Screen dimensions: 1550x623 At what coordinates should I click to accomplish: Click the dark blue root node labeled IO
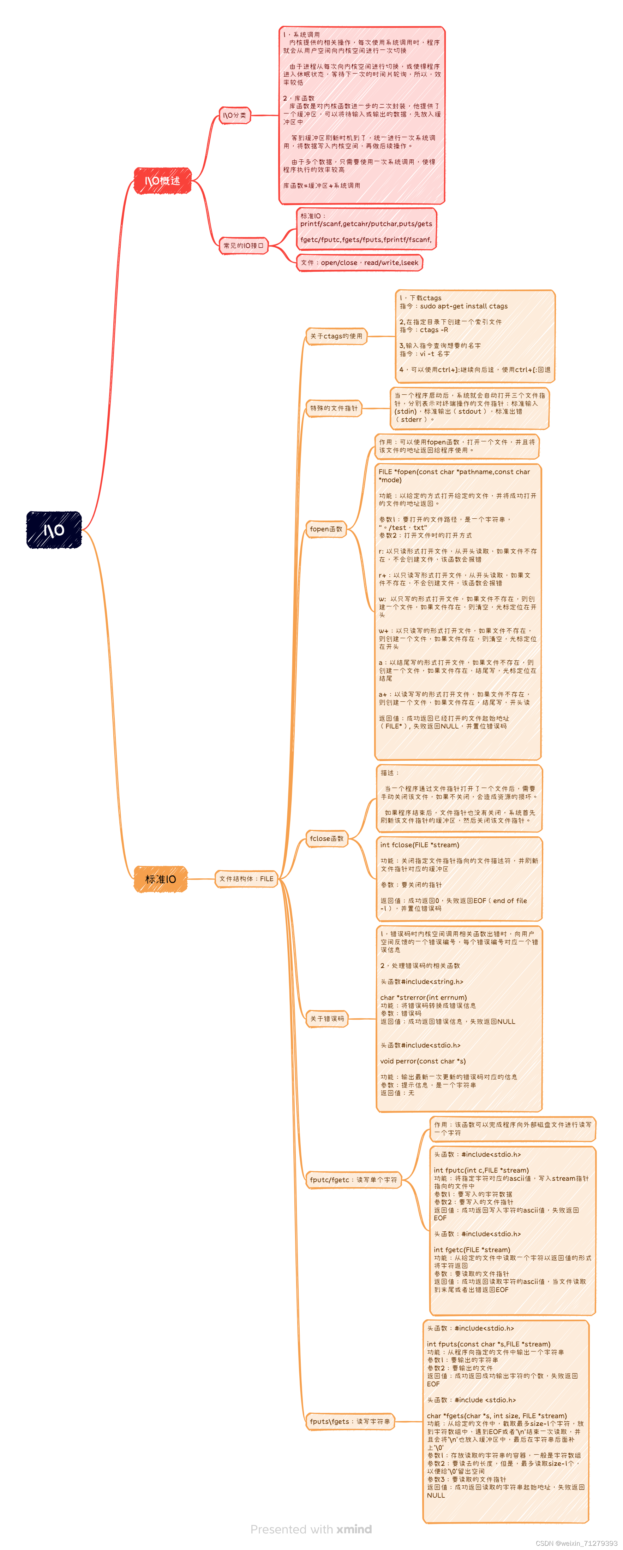coord(54,530)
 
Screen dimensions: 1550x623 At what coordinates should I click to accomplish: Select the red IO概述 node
coord(162,181)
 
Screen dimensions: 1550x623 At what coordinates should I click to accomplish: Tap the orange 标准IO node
coord(161,879)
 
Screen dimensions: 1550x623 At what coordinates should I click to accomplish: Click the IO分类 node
coord(234,115)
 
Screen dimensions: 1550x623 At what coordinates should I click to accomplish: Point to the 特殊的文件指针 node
coord(334,408)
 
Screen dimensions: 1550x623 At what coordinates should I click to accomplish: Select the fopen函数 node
coord(326,529)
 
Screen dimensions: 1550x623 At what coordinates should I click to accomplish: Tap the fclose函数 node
coord(327,838)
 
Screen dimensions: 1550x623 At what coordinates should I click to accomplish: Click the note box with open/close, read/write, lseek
coord(360,263)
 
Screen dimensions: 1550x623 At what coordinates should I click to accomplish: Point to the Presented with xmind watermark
coord(311,1529)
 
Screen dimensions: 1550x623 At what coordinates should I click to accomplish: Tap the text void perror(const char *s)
coord(423,1061)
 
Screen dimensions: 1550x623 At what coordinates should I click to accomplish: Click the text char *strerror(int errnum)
coord(423,997)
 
